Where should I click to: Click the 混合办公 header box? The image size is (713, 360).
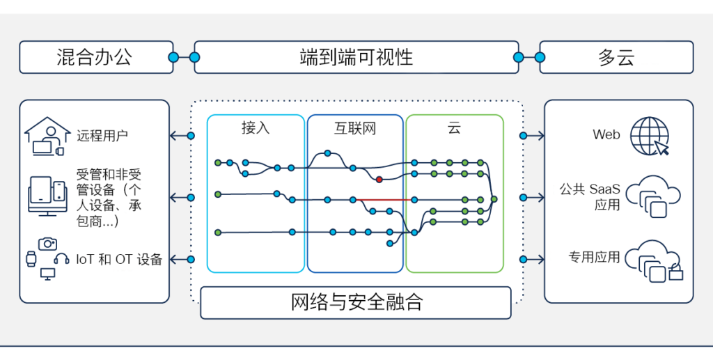(96, 57)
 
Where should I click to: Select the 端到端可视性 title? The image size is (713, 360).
(356, 58)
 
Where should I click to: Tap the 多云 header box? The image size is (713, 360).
(616, 57)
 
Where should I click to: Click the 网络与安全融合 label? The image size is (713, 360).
(356, 302)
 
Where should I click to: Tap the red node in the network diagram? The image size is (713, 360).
(379, 180)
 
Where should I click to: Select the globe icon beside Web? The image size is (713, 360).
(650, 136)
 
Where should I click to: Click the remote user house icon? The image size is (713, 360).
(47, 136)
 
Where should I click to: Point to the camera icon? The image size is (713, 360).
(48, 244)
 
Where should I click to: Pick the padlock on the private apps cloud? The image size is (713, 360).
(675, 272)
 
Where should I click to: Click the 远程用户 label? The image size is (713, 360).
(102, 136)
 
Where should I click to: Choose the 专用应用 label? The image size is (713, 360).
(594, 257)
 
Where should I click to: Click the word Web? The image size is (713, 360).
(606, 134)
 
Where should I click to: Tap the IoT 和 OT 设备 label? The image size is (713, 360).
(119, 260)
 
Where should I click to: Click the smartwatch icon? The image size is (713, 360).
(31, 259)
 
